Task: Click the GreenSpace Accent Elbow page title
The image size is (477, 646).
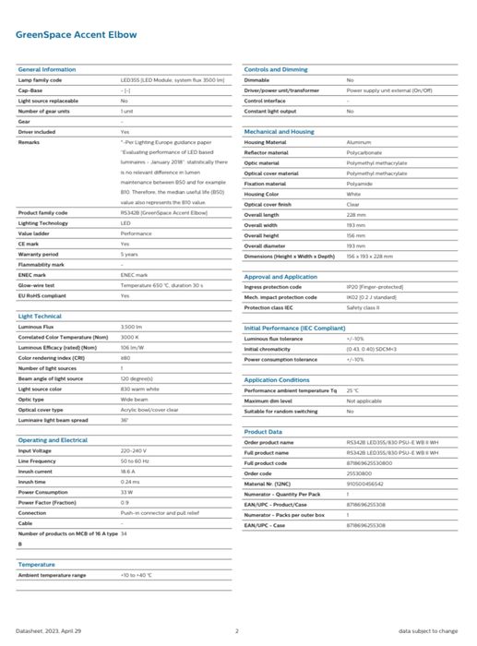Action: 77,34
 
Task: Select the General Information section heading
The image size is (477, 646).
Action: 47,70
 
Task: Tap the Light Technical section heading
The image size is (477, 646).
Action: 40,317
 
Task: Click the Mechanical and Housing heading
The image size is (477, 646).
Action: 279,132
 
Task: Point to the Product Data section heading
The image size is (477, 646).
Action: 263,431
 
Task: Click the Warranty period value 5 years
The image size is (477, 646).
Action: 129,254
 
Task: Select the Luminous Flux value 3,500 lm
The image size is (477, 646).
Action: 131,328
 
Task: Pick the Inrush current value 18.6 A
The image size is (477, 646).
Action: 128,471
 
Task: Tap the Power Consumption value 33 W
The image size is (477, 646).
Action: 126,492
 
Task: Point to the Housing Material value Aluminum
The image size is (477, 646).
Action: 358,143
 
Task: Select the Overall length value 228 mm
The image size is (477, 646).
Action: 356,214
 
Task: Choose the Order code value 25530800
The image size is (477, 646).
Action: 361,473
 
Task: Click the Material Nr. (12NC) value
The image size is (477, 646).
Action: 365,484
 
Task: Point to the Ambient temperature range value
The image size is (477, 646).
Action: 135,575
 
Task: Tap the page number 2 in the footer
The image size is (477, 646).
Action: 237,630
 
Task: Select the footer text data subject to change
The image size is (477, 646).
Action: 429,630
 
